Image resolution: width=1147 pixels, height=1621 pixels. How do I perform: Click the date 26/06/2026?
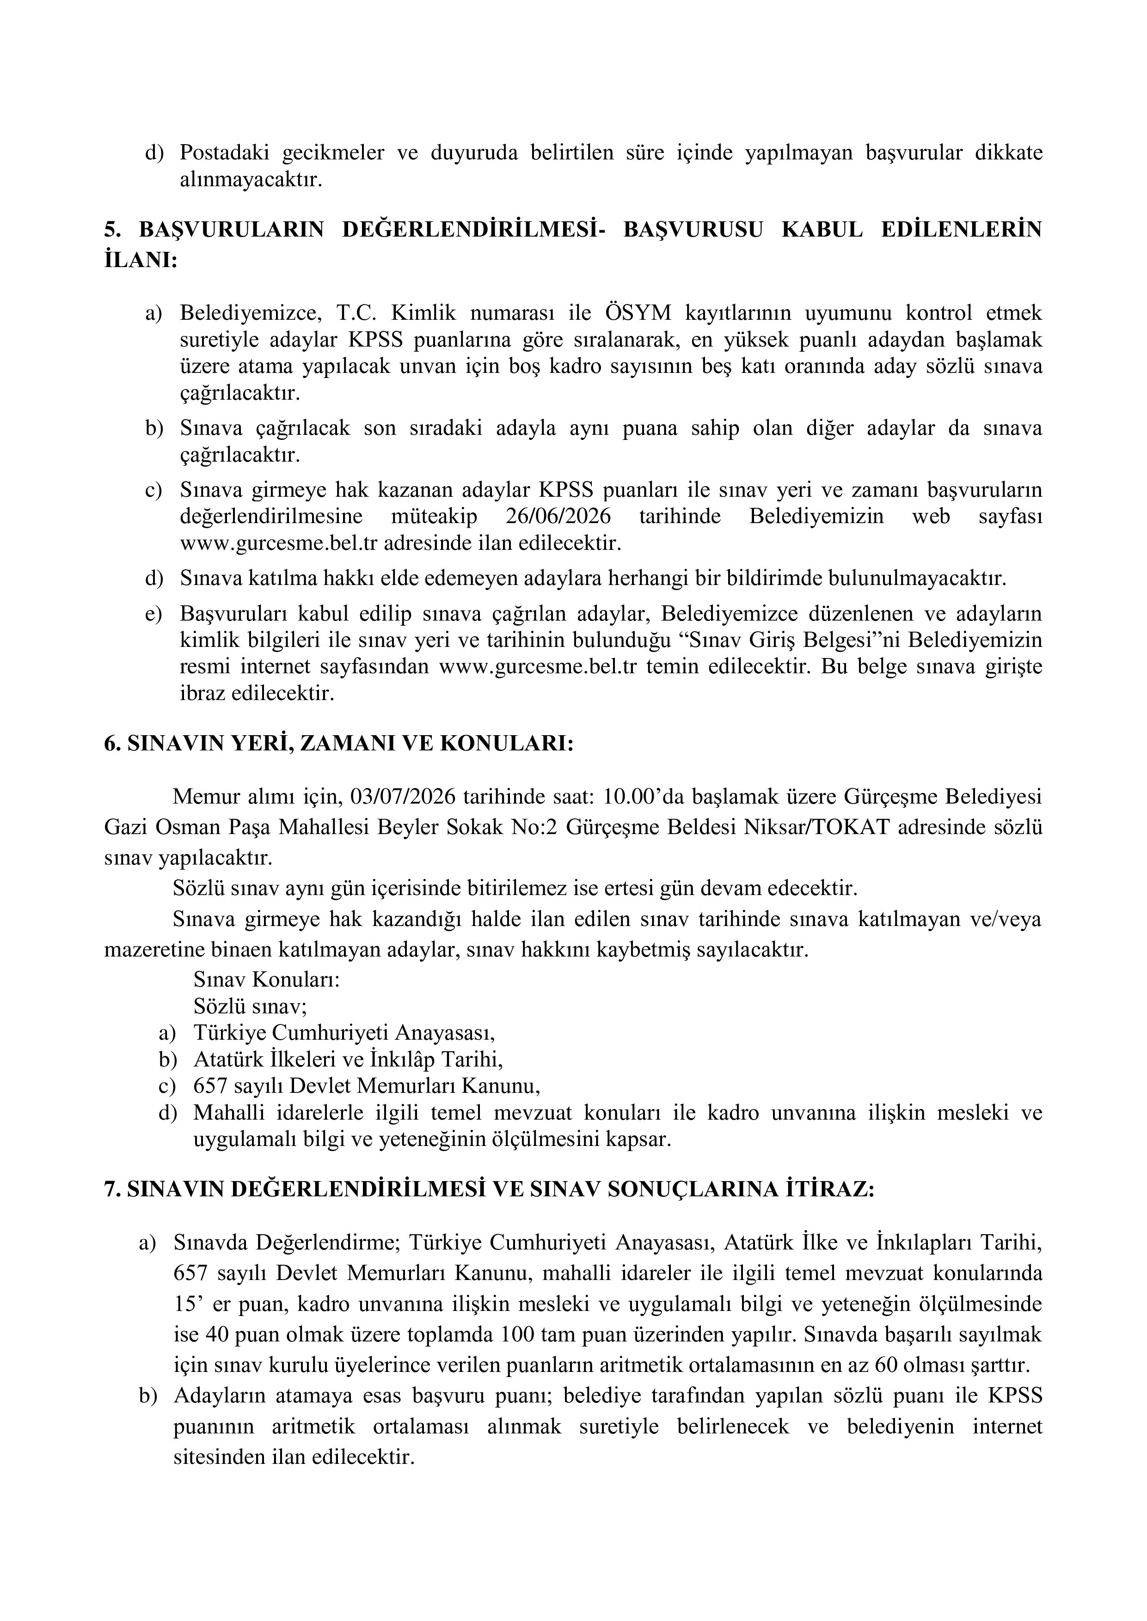click(x=558, y=516)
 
